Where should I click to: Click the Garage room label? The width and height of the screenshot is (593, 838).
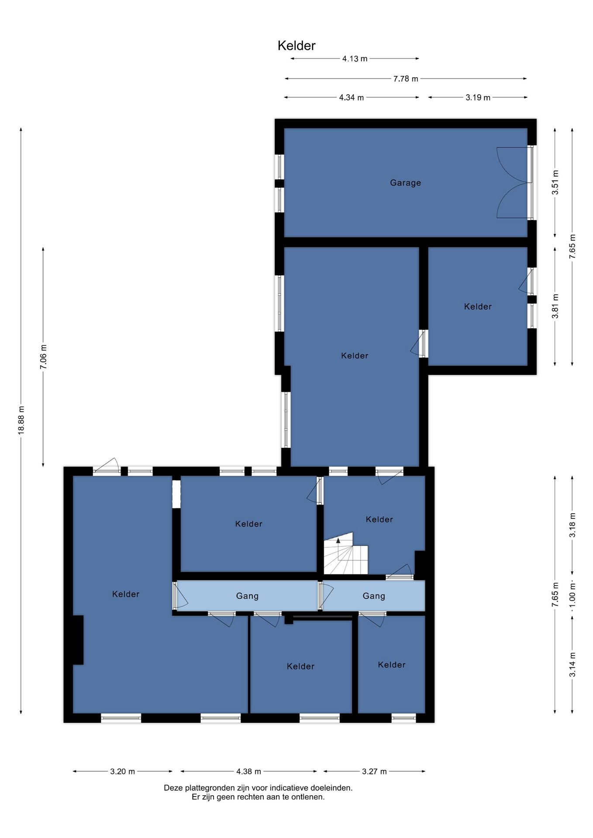click(405, 183)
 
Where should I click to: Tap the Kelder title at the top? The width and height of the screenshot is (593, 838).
click(296, 46)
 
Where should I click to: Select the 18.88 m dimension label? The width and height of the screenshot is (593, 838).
click(21, 420)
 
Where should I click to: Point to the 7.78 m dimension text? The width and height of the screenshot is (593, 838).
click(406, 79)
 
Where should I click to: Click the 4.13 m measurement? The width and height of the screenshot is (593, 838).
click(355, 58)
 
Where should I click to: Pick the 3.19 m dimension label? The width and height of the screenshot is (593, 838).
click(478, 97)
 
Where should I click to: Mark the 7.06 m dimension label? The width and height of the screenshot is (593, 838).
click(43, 357)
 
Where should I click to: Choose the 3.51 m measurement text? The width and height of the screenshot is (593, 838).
click(555, 182)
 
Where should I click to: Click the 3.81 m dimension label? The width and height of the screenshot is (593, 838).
click(555, 306)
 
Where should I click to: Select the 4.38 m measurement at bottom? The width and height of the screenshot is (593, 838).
click(248, 771)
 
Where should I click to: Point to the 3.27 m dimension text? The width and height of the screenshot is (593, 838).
click(374, 771)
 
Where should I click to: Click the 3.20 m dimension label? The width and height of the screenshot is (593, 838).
click(122, 771)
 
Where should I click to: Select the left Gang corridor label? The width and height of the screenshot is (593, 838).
click(247, 596)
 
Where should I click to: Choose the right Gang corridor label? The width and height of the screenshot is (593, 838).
click(374, 596)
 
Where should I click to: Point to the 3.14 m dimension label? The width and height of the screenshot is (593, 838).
click(572, 665)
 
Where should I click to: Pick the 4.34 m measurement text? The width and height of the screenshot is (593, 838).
click(352, 97)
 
